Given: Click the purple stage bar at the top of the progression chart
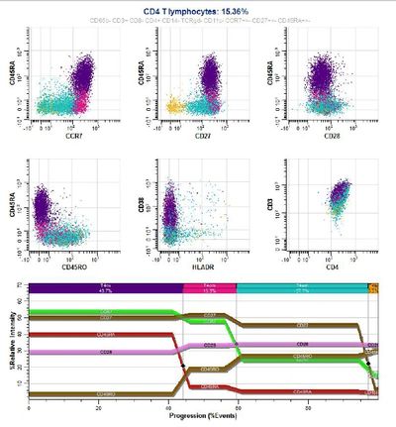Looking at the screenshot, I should click(105, 287).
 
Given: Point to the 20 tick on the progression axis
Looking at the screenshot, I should click(98, 407).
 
